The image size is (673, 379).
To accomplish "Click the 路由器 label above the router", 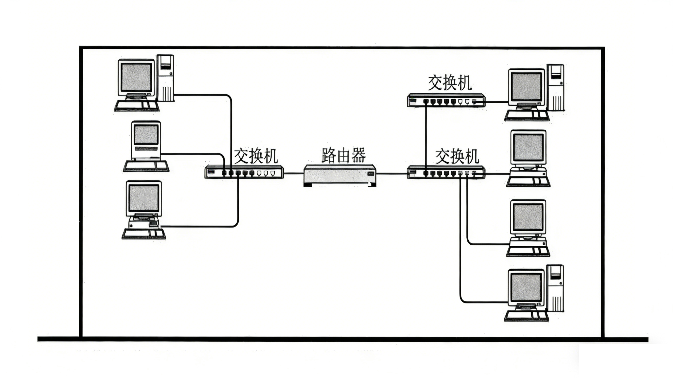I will [343, 156].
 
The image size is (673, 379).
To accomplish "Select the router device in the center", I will [340, 175].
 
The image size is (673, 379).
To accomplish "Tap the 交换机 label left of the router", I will [255, 156].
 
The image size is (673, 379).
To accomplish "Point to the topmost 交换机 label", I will [450, 83].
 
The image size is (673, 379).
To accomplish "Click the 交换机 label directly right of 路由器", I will [457, 156].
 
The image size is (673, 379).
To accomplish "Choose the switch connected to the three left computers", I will [244, 173].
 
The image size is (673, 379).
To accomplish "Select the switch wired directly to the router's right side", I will [446, 173].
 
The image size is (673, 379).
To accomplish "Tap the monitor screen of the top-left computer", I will [137, 77].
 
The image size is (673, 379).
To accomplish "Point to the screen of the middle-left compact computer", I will [146, 134].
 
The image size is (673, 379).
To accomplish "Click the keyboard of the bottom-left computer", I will [144, 234].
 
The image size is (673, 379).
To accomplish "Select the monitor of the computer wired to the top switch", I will [526, 87].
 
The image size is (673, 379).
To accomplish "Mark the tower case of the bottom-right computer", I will [555, 288].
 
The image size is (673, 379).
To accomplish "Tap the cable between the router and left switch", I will [294, 173].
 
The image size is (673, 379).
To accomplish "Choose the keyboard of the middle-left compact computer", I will [146, 166].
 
